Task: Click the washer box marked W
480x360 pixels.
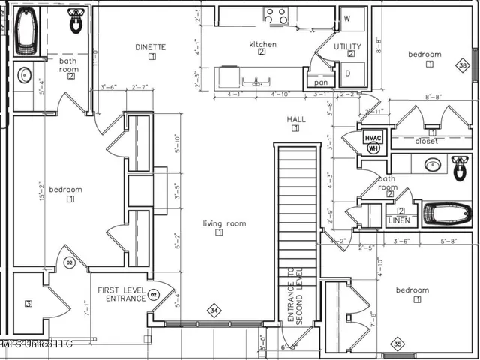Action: click(x=349, y=18)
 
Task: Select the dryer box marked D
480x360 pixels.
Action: click(x=349, y=73)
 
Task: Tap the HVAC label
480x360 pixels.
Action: click(x=373, y=138)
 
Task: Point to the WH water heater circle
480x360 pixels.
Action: click(x=373, y=148)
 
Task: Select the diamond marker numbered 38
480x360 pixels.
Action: click(x=463, y=66)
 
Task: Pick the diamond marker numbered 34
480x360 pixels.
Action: click(x=214, y=310)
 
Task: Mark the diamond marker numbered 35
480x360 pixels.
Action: click(x=398, y=344)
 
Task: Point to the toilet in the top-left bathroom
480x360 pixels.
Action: click(x=76, y=24)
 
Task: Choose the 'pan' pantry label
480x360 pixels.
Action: click(x=322, y=82)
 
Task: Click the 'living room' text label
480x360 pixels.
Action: click(x=225, y=223)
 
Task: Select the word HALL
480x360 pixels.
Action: click(x=295, y=119)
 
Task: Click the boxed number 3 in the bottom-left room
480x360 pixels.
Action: click(x=28, y=304)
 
